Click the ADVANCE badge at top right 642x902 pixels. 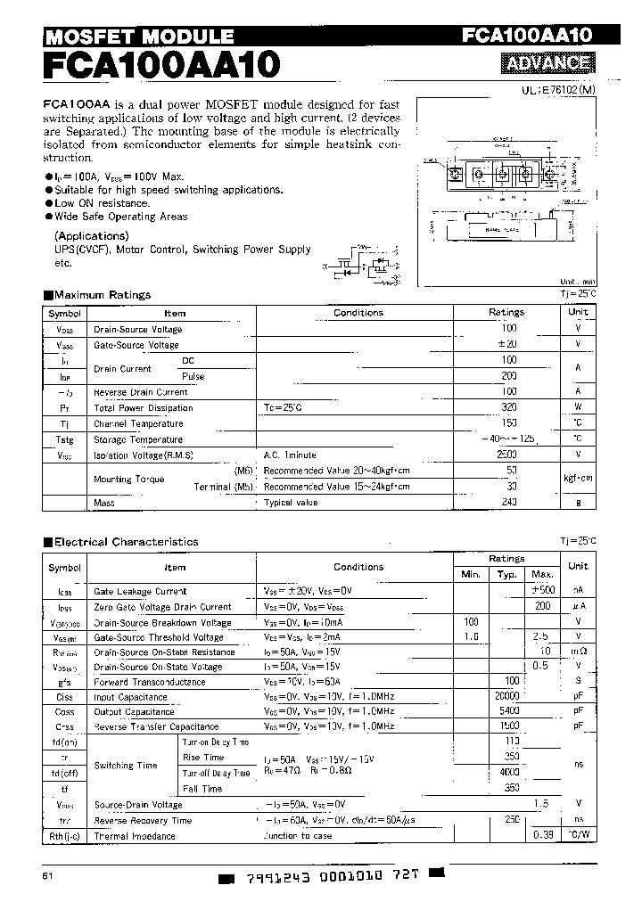548,63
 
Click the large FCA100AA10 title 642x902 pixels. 161,65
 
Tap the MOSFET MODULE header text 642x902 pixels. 139,37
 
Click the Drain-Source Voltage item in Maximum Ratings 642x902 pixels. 137,329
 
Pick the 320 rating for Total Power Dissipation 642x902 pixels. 508,407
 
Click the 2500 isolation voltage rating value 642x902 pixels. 507,455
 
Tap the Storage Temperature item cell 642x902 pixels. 138,439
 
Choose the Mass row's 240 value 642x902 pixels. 508,503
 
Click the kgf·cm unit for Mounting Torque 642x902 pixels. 578,479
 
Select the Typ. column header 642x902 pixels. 507,575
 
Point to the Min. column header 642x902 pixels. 470,575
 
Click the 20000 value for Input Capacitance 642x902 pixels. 505,697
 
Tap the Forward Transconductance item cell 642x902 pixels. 149,682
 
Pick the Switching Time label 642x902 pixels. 126,766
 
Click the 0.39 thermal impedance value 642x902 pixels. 542,836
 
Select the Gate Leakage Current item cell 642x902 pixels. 140,591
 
